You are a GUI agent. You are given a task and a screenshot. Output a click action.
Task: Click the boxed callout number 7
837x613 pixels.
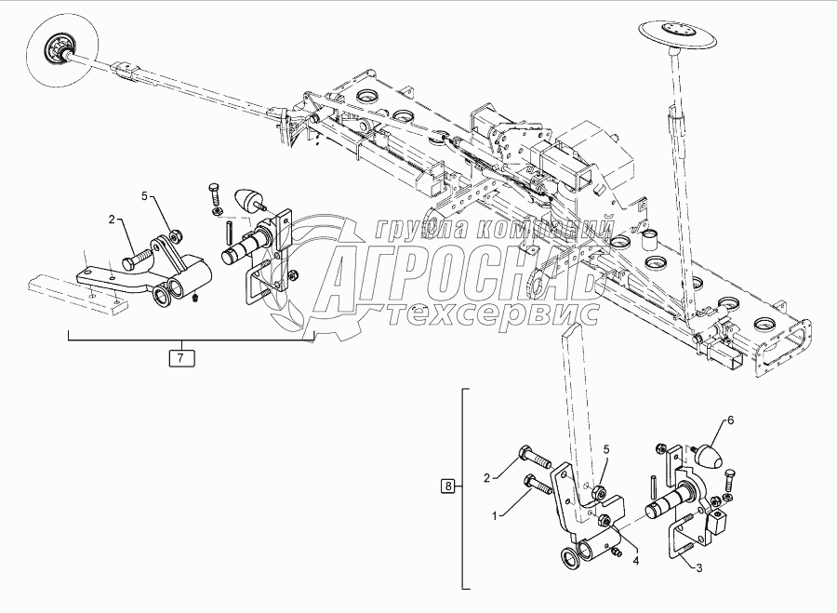[x=180, y=356]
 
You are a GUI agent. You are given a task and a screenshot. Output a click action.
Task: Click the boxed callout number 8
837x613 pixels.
[x=448, y=486]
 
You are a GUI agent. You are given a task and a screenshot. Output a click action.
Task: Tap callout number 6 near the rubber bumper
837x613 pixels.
[x=730, y=420]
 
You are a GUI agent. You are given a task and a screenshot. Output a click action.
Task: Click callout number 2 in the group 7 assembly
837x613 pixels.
[x=112, y=220]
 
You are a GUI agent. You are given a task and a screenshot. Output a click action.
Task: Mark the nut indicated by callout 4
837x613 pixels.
[x=605, y=522]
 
